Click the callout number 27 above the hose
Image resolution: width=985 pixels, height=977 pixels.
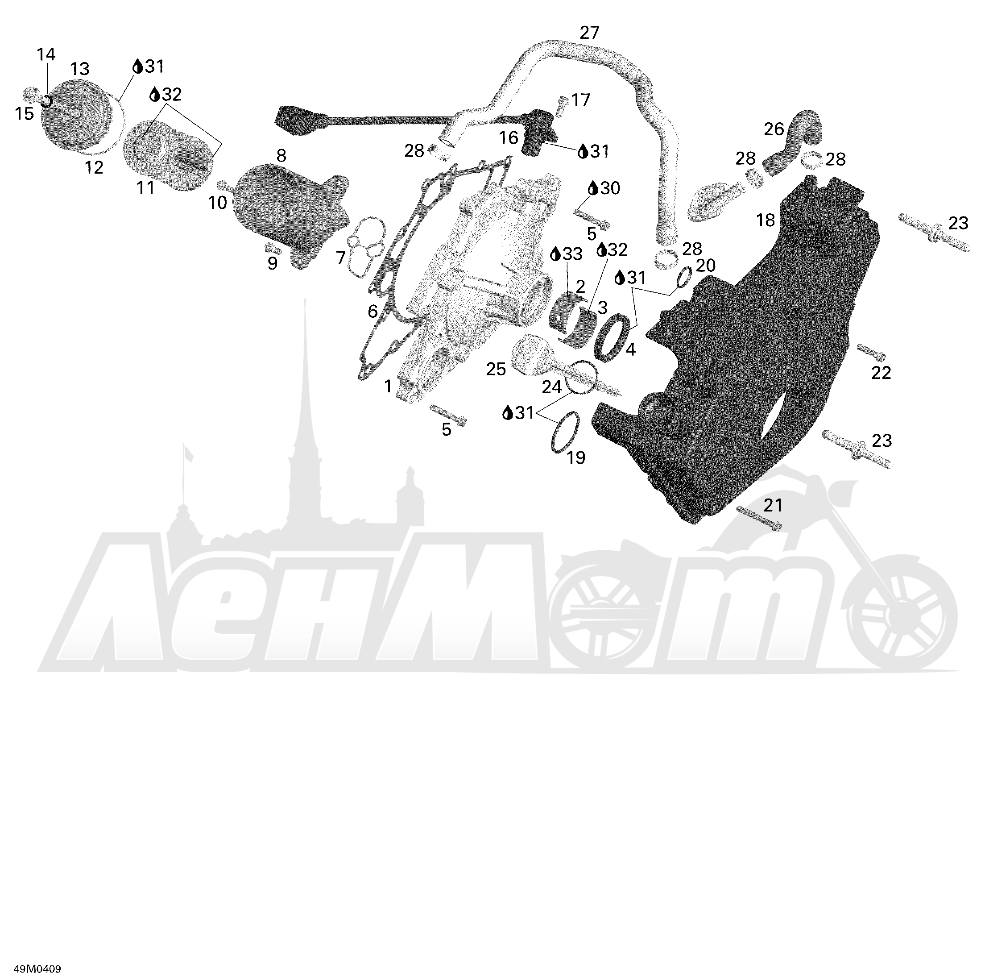click(589, 33)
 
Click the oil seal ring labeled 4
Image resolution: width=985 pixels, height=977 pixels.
click(611, 338)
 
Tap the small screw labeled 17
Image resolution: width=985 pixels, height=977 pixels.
click(563, 106)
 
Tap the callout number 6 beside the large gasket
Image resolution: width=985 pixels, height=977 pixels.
click(372, 311)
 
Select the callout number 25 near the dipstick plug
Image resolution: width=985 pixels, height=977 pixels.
click(496, 368)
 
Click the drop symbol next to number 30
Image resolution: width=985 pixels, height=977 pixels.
click(593, 188)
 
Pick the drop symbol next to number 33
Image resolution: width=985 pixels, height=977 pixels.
click(555, 254)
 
